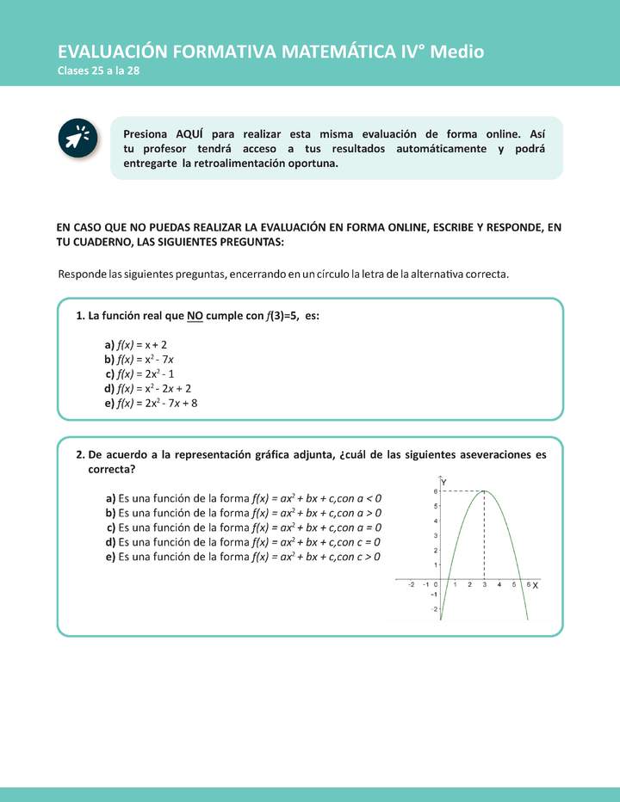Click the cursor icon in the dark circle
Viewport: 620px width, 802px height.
coord(77,139)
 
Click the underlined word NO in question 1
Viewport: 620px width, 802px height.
coord(195,316)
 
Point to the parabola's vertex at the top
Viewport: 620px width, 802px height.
coord(484,491)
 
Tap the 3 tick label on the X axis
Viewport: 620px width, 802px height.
coord(484,585)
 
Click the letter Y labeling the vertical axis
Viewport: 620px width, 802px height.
coord(443,482)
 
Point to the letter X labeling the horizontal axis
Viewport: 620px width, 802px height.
coord(536,585)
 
